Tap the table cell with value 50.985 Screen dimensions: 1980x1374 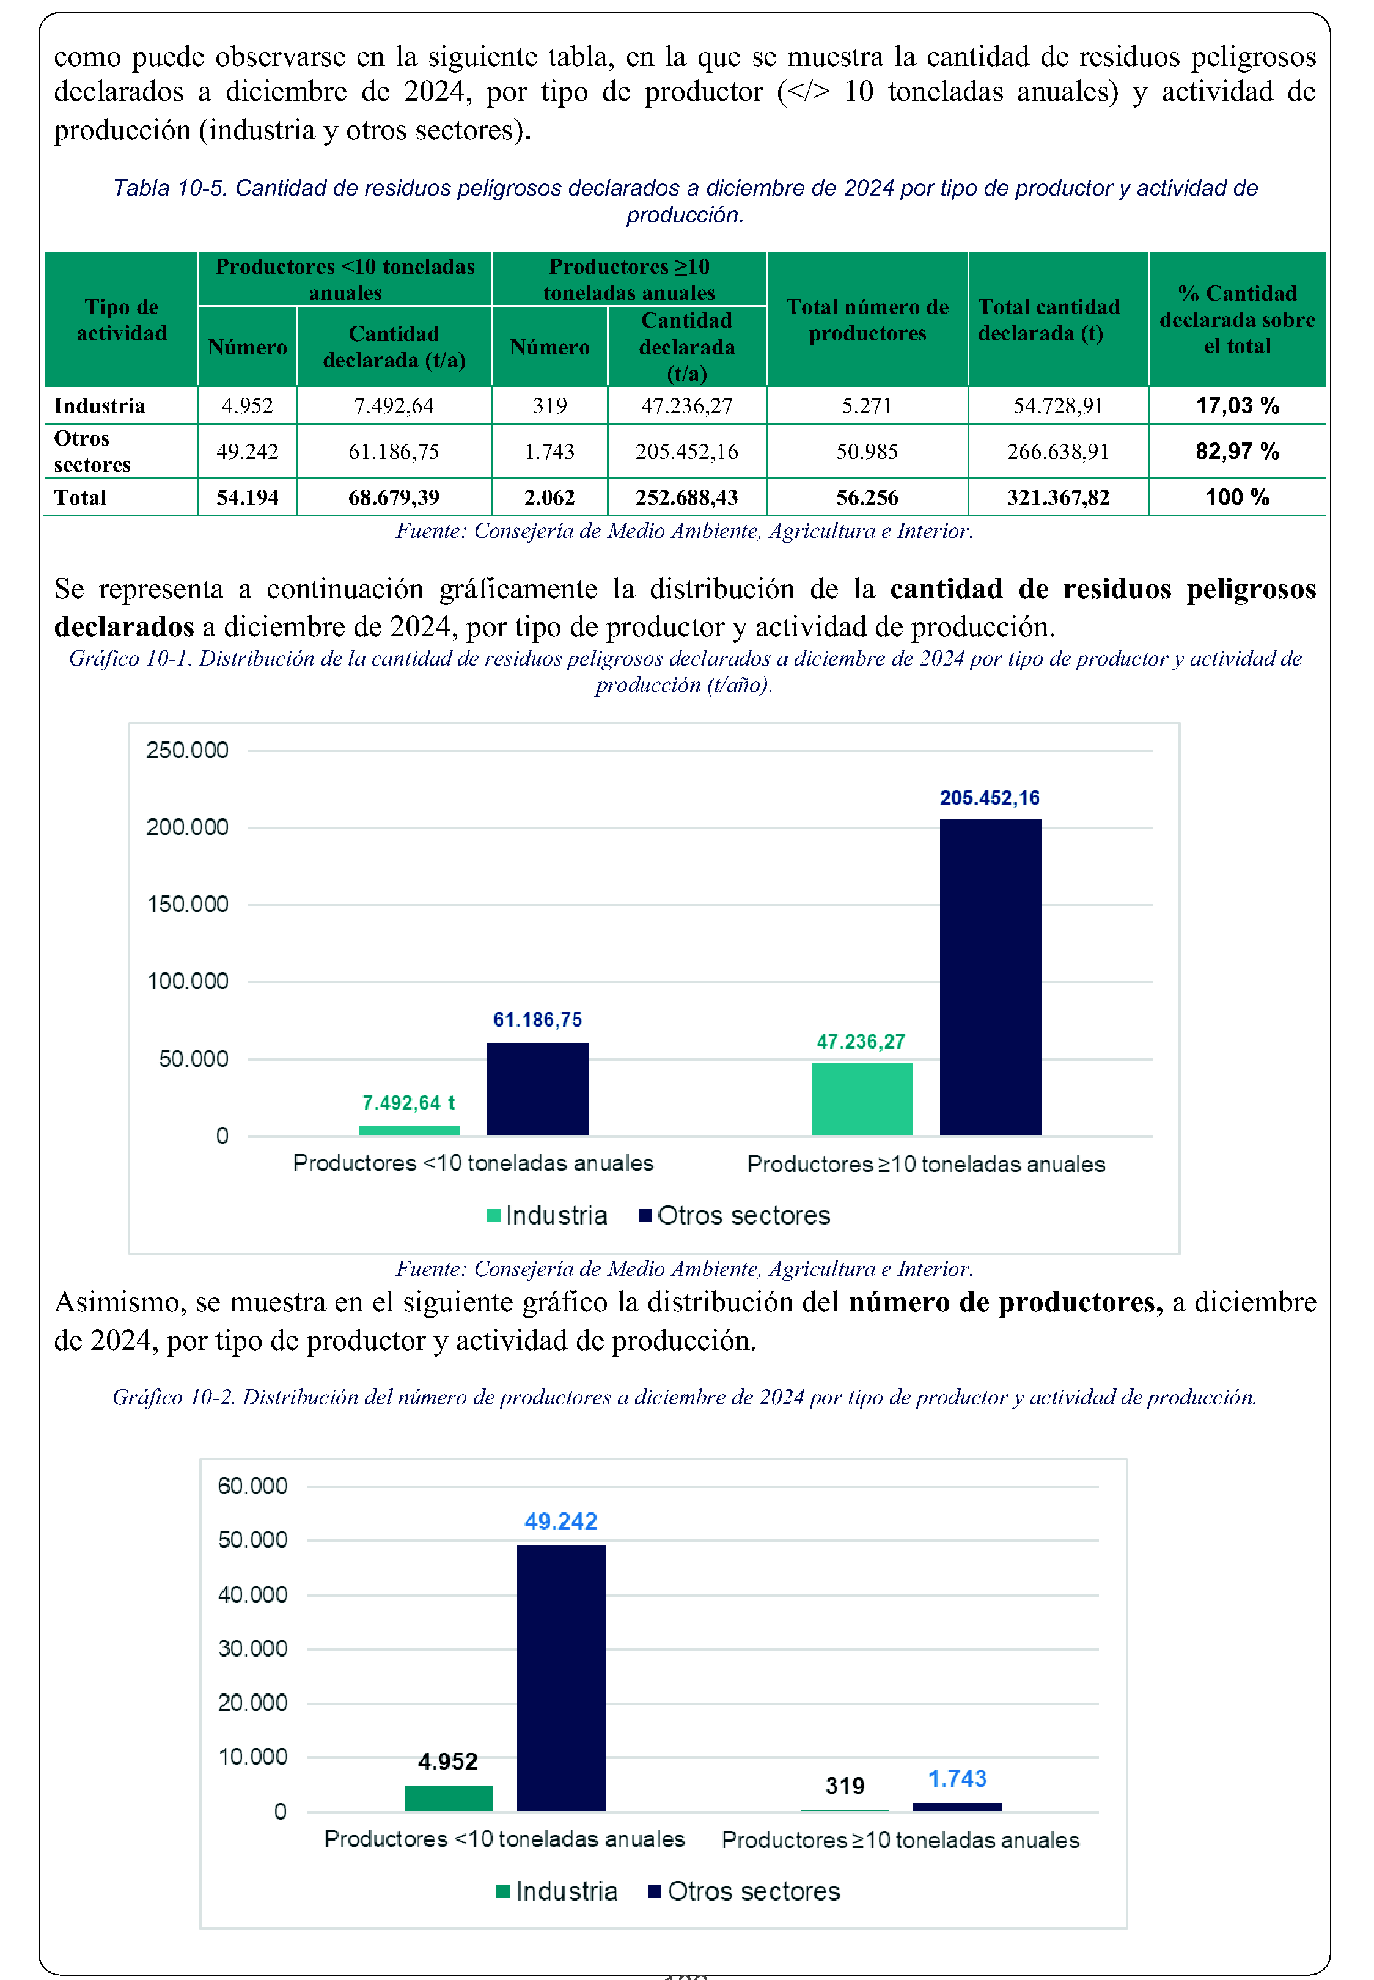click(x=867, y=451)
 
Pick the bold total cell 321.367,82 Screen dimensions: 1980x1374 click(x=1058, y=497)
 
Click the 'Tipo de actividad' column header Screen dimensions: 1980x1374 click(x=122, y=320)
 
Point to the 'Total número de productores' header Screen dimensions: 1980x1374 click(x=867, y=320)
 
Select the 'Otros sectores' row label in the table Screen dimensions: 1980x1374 click(x=92, y=451)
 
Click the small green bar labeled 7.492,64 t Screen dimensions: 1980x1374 click(x=409, y=1130)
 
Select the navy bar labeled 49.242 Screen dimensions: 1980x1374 click(x=561, y=1678)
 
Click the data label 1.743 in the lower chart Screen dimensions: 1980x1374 click(x=957, y=1779)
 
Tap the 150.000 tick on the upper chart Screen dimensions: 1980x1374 click(x=187, y=904)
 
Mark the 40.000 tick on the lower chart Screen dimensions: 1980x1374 click(x=252, y=1594)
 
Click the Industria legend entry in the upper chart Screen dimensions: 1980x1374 click(x=548, y=1216)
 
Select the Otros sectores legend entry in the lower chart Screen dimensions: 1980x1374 click(x=744, y=1891)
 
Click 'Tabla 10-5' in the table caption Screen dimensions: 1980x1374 click(x=169, y=188)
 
